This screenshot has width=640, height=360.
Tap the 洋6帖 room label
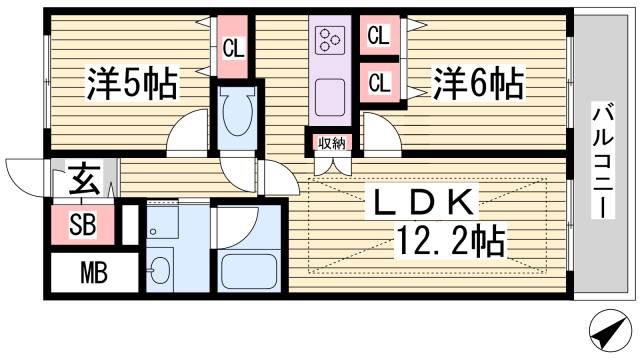point(477,82)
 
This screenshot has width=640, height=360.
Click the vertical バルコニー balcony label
point(604,160)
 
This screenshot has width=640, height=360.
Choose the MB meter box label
point(81,271)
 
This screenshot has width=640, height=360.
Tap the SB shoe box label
point(81,224)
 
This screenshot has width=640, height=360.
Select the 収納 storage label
point(332,143)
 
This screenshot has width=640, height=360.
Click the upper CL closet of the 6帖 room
point(379,38)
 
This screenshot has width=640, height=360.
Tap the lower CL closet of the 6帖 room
point(379,82)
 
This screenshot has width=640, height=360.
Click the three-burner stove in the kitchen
point(330,40)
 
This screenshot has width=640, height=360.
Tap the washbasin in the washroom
point(159,271)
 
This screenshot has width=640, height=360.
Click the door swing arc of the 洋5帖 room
point(185,133)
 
